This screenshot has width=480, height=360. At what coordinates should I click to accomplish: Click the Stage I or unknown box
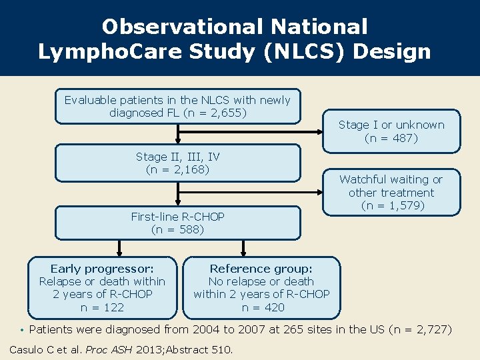(x=391, y=131)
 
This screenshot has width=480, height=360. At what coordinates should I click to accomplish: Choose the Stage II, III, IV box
(x=177, y=163)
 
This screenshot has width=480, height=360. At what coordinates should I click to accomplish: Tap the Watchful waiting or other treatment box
(x=391, y=192)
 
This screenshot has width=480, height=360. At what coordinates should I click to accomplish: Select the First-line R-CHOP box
(x=177, y=223)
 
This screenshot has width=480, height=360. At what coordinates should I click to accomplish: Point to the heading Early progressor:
(x=102, y=269)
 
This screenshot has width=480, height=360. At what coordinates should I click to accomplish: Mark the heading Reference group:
(x=261, y=269)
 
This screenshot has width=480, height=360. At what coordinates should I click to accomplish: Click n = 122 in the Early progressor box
(x=102, y=307)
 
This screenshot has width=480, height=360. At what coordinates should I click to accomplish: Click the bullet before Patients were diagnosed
(x=22, y=329)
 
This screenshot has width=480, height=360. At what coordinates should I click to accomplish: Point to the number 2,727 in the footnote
(x=427, y=329)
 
